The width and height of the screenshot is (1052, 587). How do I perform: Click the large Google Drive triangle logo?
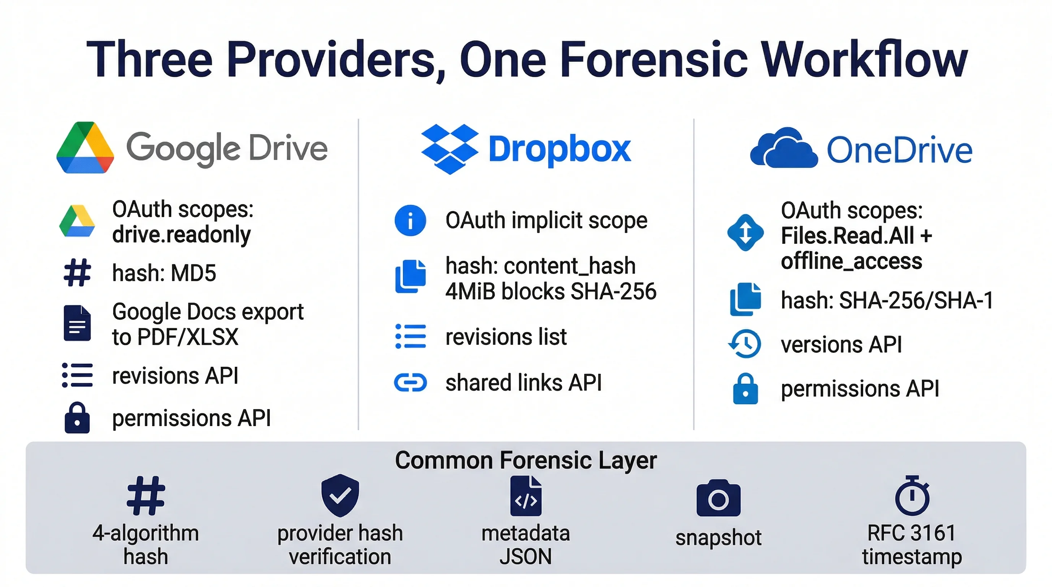click(85, 148)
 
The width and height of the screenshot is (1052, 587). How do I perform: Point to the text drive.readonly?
click(181, 235)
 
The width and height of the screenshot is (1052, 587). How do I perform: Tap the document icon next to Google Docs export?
click(77, 323)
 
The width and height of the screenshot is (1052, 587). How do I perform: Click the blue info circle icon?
click(410, 221)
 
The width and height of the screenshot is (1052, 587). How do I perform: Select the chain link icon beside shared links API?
click(410, 383)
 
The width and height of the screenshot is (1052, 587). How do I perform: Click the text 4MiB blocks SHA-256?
click(550, 292)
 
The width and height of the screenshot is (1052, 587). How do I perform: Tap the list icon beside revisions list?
click(410, 336)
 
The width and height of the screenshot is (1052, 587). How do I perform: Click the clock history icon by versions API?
click(745, 344)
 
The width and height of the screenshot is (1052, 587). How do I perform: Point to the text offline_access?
click(851, 261)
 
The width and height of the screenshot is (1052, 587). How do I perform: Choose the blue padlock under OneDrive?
click(745, 389)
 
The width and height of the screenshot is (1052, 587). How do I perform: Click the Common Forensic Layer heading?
click(526, 460)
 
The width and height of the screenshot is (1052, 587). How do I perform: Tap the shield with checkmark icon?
click(340, 496)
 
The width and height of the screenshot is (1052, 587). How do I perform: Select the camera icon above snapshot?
click(718, 498)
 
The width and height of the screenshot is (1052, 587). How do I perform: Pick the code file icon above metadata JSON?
click(526, 496)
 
